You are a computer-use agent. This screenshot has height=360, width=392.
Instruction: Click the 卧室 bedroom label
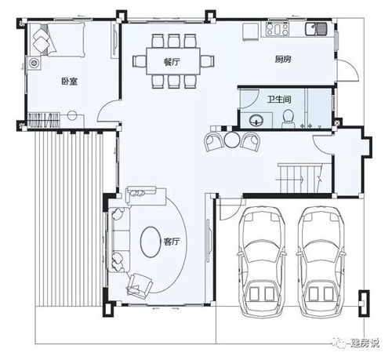click(69, 82)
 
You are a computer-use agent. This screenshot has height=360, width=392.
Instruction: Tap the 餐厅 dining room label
click(172, 62)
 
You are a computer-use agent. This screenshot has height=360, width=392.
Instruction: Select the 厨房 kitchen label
click(283, 60)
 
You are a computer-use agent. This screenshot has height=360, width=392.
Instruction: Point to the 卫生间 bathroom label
click(279, 100)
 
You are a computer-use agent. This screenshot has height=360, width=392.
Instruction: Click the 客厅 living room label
click(172, 242)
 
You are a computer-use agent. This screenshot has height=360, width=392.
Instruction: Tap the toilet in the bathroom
click(288, 118)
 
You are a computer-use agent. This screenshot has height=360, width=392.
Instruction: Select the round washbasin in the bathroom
click(256, 121)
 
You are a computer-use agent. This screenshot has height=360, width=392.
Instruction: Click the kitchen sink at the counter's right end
click(316, 28)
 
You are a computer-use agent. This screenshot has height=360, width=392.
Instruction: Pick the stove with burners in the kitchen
click(277, 29)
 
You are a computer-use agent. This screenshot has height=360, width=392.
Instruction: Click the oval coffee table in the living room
click(151, 242)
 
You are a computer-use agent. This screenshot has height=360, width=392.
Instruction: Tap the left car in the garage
click(262, 261)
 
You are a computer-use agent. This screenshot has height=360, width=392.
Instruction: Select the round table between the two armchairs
click(231, 140)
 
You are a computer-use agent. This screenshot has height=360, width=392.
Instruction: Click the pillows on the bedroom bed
click(40, 39)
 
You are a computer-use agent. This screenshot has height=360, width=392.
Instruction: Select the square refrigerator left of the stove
click(250, 31)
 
